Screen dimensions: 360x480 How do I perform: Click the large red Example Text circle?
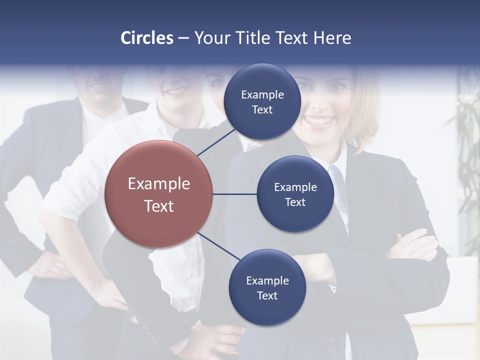pos(159,194)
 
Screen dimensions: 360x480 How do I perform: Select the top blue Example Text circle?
pos(262,102)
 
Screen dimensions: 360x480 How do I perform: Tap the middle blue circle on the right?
pos(295,194)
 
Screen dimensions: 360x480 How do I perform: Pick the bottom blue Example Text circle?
pos(267,287)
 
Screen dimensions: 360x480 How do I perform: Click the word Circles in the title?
pos(147,38)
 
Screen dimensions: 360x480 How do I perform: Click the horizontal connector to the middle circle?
pos(234,194)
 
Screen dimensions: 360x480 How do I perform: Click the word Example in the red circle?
pos(159,184)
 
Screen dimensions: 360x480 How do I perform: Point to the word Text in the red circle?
pos(159,206)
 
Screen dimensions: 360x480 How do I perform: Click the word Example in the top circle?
pos(262,94)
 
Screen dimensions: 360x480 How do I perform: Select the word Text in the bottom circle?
pos(267,295)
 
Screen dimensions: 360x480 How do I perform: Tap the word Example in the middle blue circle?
pos(295,187)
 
